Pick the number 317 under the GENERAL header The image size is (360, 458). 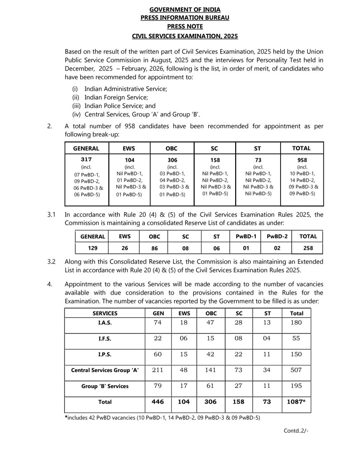[x=87, y=161]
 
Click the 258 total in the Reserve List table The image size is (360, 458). [x=308, y=248]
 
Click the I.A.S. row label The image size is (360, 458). [x=105, y=322]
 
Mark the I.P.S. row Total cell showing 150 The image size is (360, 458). [x=297, y=354]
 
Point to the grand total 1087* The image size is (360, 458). [x=297, y=402]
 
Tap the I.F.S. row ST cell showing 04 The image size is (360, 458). [x=267, y=338]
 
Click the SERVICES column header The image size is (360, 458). [x=105, y=313]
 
